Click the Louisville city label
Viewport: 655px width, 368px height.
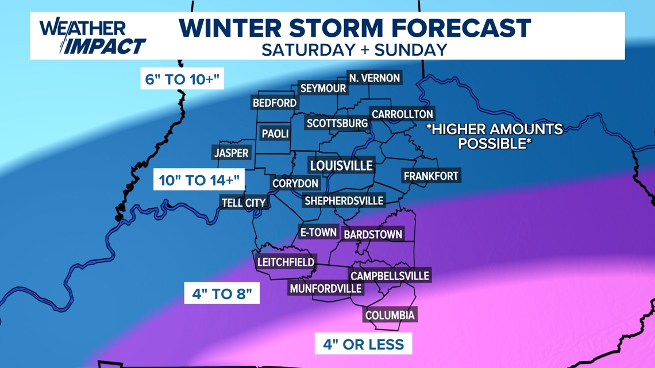click(342, 166)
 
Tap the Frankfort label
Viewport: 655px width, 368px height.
click(431, 176)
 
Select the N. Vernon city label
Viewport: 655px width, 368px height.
click(375, 78)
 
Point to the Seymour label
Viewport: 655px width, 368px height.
click(323, 89)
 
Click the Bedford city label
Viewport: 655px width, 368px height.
click(275, 103)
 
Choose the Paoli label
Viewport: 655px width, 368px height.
click(275, 134)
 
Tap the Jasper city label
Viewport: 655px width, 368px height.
click(232, 153)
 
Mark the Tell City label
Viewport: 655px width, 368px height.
click(244, 203)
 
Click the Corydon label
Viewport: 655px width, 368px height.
click(295, 184)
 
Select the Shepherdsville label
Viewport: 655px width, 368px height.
click(344, 201)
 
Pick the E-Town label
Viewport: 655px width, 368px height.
click(318, 233)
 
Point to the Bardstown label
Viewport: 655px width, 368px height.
click(372, 234)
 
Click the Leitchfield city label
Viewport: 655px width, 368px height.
click(286, 262)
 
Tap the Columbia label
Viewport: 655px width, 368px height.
click(390, 315)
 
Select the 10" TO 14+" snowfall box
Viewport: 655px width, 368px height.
click(199, 180)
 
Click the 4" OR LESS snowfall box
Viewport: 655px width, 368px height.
click(363, 344)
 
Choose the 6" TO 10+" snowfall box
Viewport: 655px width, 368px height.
click(183, 79)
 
